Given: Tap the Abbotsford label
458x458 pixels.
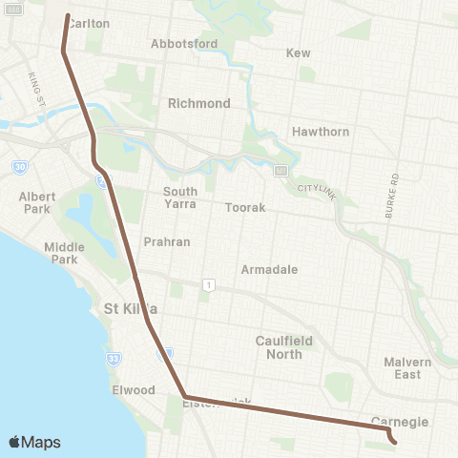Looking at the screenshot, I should point(184,44).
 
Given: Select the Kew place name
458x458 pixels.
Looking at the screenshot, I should point(299,53).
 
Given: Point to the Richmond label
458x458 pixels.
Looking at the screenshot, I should point(199,103).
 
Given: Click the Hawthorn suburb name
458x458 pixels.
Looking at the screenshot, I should point(321,132).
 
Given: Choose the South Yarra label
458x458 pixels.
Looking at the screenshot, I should point(180,198).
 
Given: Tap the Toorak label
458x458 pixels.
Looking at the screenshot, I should point(245,207).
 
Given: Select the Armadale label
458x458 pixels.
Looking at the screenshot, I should point(268,270).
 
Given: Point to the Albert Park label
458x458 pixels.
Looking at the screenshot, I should point(37,202).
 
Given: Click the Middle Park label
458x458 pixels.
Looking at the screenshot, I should point(64,253).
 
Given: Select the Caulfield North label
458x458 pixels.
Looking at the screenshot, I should point(279,347).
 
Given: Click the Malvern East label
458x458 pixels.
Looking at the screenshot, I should point(408,368).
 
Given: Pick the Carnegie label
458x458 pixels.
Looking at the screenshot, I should point(400,422).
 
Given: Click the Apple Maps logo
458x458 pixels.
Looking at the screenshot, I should point(34,442).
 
